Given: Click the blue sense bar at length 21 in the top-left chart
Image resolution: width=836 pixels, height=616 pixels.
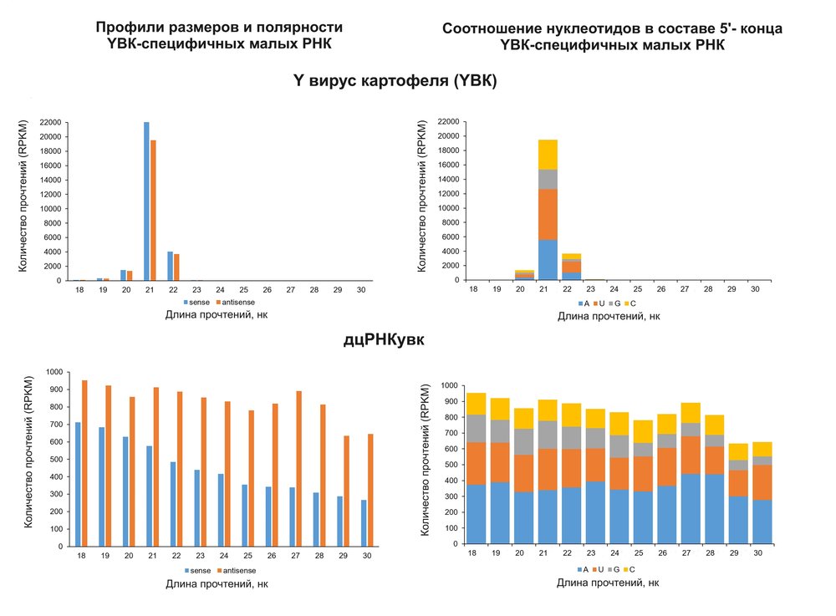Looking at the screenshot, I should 146,201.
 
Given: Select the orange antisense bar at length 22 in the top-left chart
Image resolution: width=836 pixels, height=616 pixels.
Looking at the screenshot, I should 176,267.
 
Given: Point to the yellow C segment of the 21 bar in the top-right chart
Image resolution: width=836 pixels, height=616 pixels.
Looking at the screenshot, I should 547,155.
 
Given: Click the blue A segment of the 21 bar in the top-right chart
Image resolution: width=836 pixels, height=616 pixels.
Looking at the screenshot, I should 547,260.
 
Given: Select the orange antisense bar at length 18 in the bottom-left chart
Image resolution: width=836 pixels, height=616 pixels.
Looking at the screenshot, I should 84,463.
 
